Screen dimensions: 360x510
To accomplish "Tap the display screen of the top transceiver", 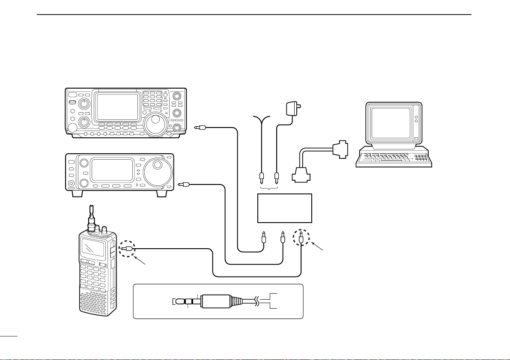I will [x=117, y=106].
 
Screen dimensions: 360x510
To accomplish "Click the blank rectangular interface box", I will [x=284, y=208].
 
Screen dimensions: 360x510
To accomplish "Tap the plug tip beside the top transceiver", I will [x=198, y=127].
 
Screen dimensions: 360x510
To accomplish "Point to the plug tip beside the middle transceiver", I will [x=183, y=185].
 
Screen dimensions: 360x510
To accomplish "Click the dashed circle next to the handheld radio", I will [x=126, y=248].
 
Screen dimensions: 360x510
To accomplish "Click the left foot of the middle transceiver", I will [x=78, y=193].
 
